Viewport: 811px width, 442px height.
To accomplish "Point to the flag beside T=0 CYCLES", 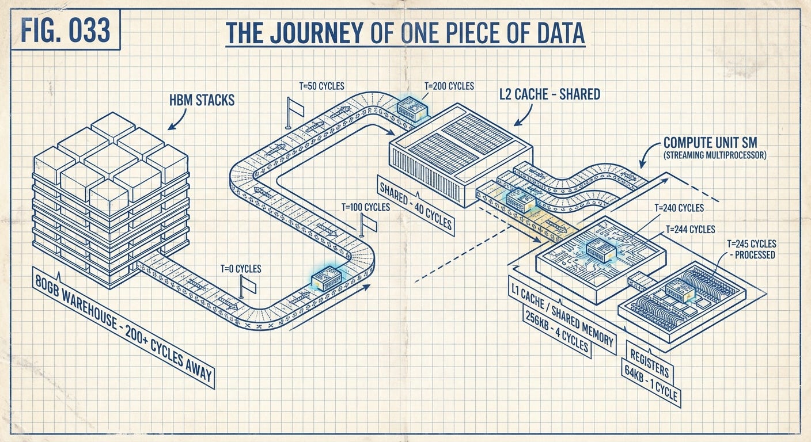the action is (246, 284).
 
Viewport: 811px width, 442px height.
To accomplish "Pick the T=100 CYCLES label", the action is (365, 207).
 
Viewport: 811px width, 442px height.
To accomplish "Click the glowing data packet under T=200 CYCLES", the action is (413, 108).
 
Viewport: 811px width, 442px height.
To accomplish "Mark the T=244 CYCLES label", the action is (691, 228).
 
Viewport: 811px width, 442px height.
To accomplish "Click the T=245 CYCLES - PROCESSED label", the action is (748, 248).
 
